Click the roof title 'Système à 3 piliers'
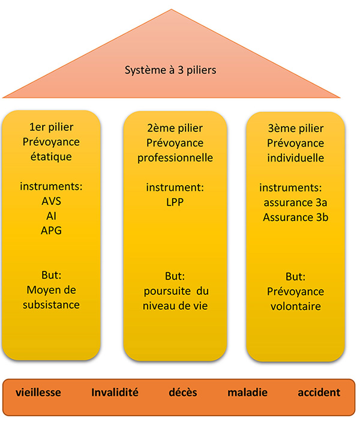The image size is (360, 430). click(x=170, y=70)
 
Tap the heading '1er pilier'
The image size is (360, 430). click(x=52, y=127)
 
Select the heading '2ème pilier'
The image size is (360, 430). click(x=175, y=128)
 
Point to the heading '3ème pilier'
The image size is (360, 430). click(x=296, y=128)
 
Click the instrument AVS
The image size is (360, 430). click(x=52, y=201)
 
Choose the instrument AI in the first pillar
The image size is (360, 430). click(x=52, y=215)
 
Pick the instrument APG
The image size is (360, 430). click(x=52, y=229)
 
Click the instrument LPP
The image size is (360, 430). click(x=175, y=202)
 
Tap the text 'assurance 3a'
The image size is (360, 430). click(x=296, y=202)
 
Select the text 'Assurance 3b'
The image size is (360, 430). click(x=296, y=217)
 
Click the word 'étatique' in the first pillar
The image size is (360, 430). click(x=52, y=157)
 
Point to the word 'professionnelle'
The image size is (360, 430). click(x=175, y=157)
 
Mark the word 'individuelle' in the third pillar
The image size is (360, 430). click(x=296, y=157)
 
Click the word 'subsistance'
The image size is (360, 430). click(x=52, y=304)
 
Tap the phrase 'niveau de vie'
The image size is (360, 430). click(x=175, y=306)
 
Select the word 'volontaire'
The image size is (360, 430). click(x=296, y=306)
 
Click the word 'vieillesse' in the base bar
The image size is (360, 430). click(x=39, y=393)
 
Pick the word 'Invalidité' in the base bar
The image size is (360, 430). click(x=115, y=393)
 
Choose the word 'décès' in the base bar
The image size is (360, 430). click(x=182, y=393)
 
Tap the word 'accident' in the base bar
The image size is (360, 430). click(x=319, y=393)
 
